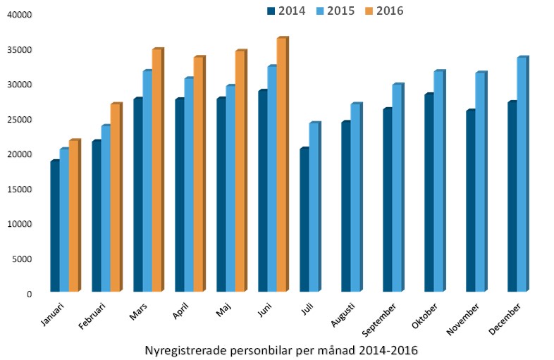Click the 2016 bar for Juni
point(281,166)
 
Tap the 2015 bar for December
point(522,175)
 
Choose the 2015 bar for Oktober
point(438,182)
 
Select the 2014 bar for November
point(470,201)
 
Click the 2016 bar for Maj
point(240,172)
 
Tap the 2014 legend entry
point(285,11)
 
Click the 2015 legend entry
point(340,11)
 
